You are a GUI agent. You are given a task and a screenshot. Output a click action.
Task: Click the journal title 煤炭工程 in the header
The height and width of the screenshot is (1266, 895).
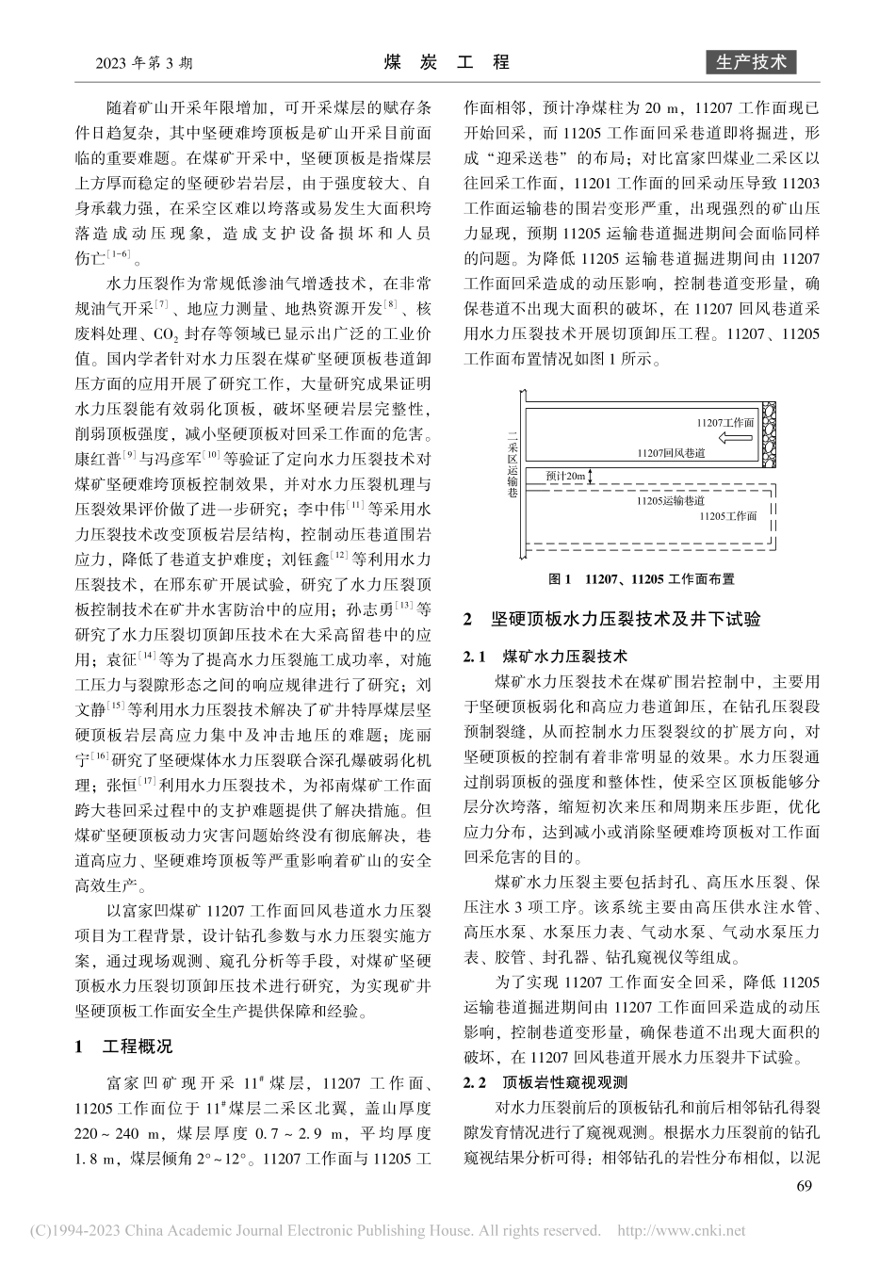447,62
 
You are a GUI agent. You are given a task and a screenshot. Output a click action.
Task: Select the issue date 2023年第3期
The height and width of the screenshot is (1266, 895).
145,63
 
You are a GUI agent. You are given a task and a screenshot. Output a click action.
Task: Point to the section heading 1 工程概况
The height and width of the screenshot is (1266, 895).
124,1047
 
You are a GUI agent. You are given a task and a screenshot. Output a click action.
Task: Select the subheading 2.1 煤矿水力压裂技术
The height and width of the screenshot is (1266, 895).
546,656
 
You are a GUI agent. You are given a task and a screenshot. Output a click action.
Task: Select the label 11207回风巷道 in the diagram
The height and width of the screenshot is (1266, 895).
671,453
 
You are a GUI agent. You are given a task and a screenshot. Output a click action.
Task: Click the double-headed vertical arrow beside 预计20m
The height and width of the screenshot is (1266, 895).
592,477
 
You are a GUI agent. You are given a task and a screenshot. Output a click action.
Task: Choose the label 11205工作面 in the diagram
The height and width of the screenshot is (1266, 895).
728,516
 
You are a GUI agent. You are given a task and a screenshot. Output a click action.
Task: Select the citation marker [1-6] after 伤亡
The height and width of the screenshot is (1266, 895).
123,255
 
